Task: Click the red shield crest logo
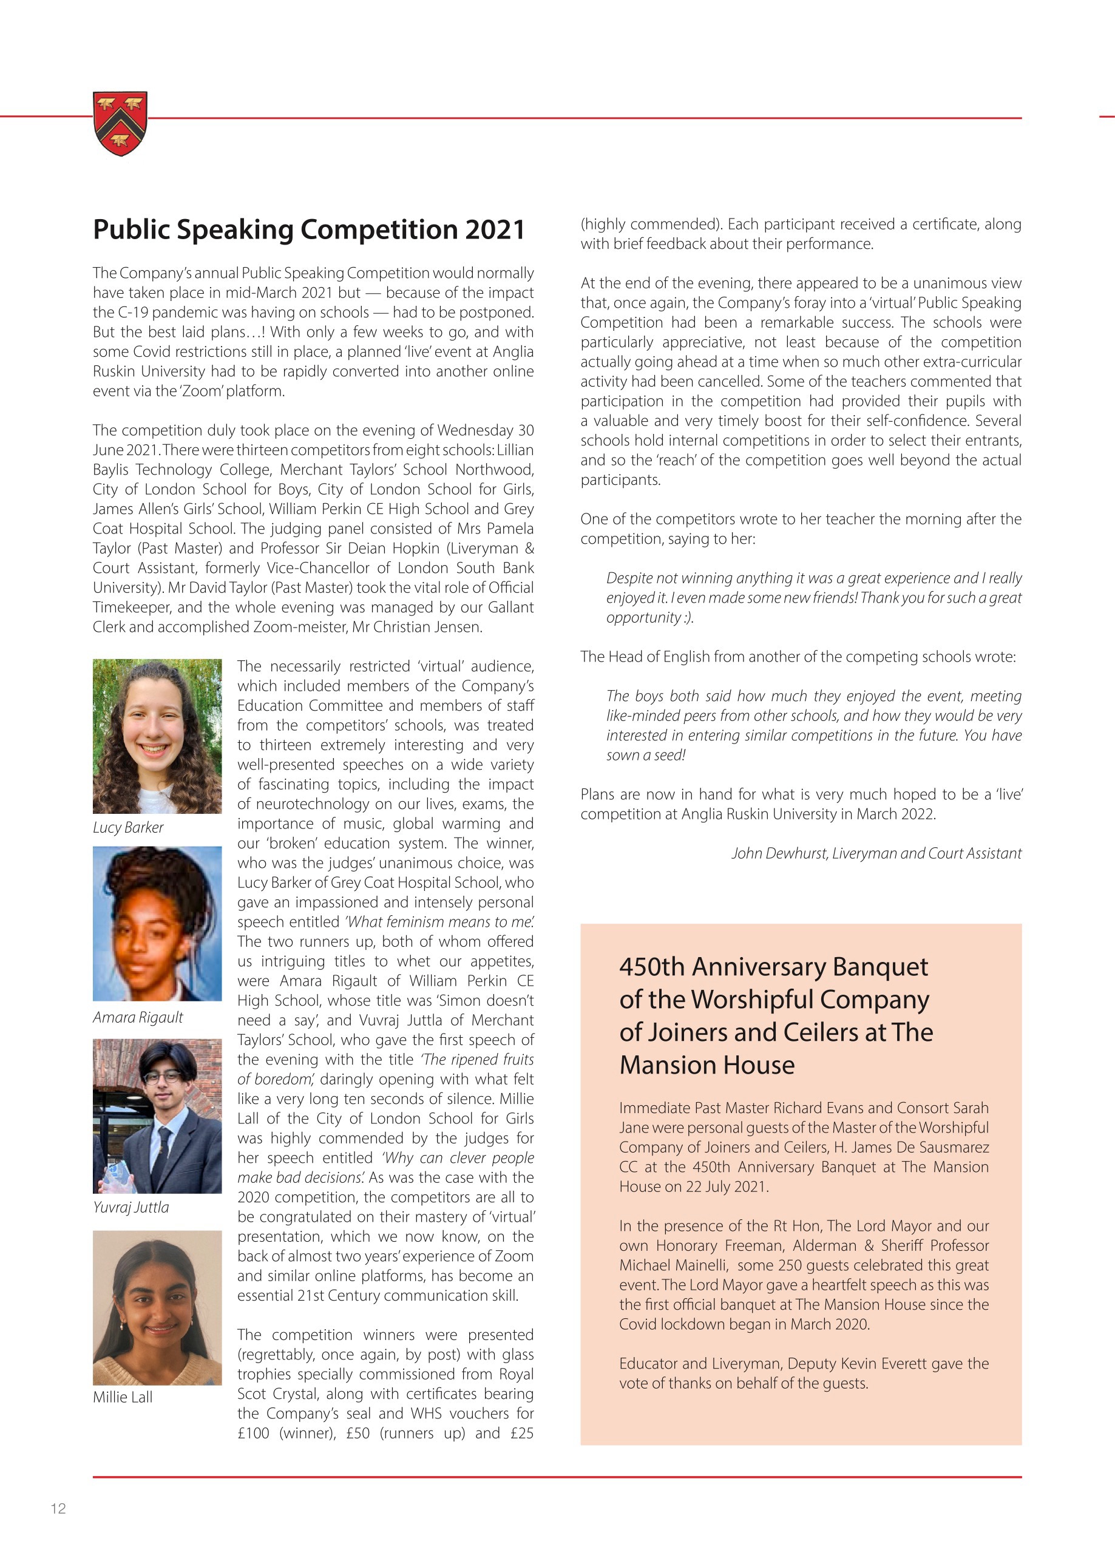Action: click(120, 124)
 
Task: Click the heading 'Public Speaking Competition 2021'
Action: click(309, 229)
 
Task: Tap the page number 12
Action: click(58, 1508)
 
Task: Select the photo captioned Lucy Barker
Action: click(157, 736)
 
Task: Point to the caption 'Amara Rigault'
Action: click(138, 1017)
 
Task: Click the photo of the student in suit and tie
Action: click(157, 1115)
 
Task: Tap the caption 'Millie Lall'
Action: click(123, 1396)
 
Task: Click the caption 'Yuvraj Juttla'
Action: click(131, 1207)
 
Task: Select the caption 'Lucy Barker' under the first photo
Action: click(129, 827)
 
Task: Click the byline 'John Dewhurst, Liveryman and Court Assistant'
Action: click(876, 853)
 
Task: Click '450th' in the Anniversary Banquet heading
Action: click(651, 967)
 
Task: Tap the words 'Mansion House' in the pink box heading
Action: click(707, 1065)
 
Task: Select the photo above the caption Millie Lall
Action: click(157, 1307)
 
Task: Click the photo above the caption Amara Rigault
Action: click(157, 924)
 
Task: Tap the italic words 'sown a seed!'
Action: click(645, 755)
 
